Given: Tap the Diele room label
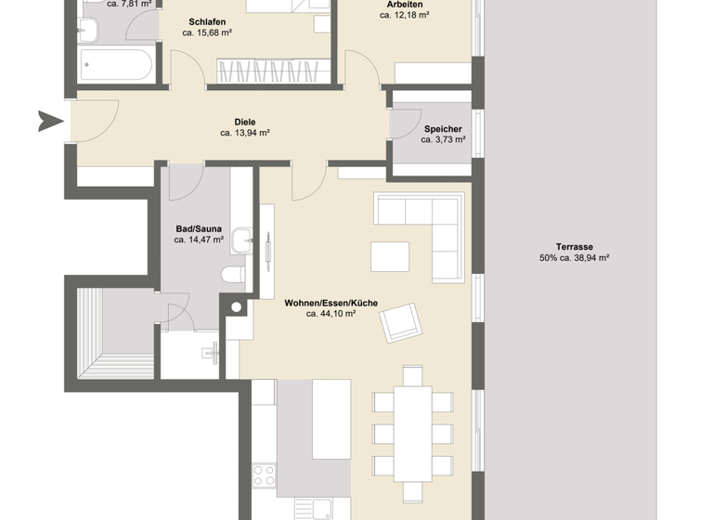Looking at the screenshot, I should pos(244,122).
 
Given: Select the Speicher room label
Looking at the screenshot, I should pos(443,128).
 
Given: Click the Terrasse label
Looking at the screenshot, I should pos(574,247).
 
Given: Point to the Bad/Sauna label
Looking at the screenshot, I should pos(199,227).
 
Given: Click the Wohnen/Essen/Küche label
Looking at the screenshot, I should pos(331,303).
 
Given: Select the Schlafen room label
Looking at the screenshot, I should pos(207,21).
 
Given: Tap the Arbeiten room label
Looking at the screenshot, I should pos(406,5).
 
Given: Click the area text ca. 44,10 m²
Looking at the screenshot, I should pos(331,314).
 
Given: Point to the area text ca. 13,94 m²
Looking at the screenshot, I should pos(244,133).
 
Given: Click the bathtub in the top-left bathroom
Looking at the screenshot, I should pos(116,66).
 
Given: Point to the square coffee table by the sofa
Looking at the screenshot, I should pos(389,255).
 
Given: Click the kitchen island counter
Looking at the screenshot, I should pos(313,436).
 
